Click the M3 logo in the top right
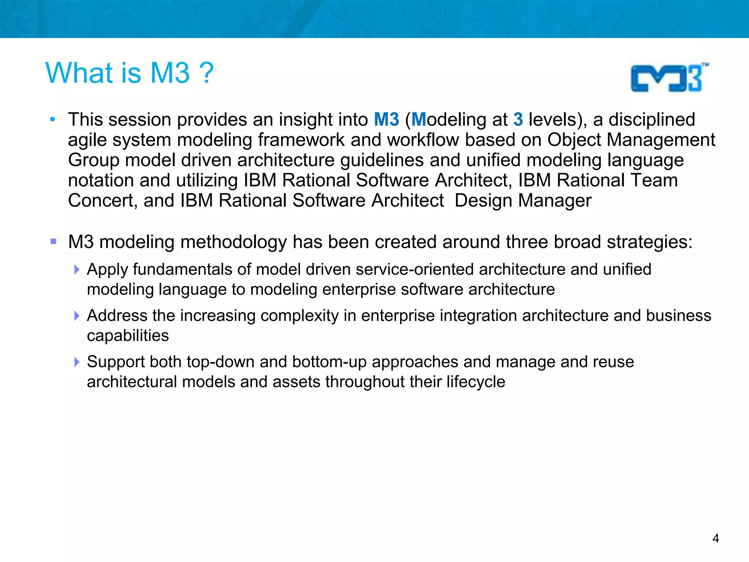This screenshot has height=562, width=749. [x=669, y=78]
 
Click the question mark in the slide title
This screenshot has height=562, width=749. [x=207, y=73]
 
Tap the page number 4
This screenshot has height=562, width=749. [x=716, y=538]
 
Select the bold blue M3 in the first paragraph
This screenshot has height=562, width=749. [x=386, y=120]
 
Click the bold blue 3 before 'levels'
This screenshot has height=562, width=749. [x=518, y=120]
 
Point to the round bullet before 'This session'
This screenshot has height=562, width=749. [x=53, y=119]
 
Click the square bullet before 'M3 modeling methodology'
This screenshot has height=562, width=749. [x=53, y=241]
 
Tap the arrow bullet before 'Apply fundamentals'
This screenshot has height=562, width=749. [x=76, y=270]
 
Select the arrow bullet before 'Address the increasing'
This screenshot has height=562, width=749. [x=76, y=316]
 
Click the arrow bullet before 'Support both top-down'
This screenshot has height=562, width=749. [x=76, y=362]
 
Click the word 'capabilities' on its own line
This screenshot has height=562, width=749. [x=128, y=336]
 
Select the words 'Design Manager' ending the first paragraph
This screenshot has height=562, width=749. [x=523, y=201]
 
